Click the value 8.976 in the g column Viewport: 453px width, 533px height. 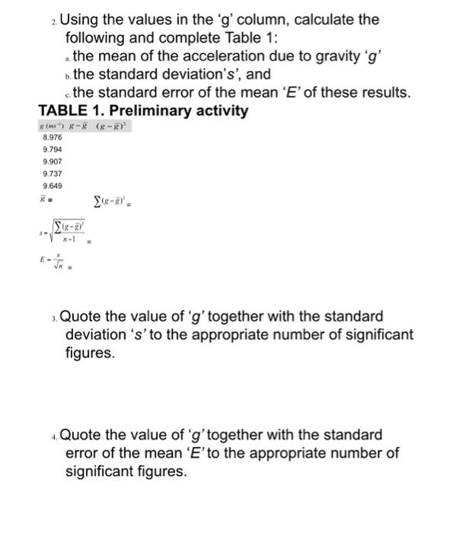pyautogui.click(x=53, y=138)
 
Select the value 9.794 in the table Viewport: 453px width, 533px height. pyautogui.click(x=53, y=150)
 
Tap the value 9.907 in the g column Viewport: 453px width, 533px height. pyautogui.click(x=53, y=162)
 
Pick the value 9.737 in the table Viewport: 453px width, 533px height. pyautogui.click(x=53, y=174)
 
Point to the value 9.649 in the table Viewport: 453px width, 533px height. pyautogui.click(x=53, y=186)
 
